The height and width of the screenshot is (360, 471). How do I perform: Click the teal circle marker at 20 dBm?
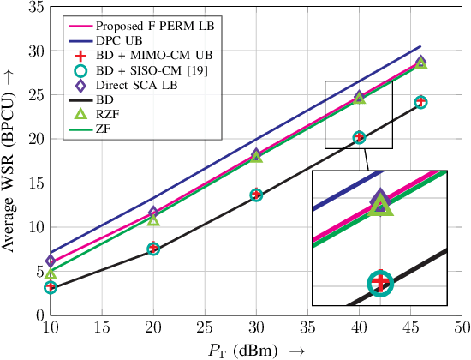pyautogui.click(x=153, y=249)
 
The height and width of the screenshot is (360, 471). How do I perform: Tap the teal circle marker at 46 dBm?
pyautogui.click(x=420, y=102)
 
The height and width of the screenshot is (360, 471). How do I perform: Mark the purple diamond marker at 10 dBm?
pyautogui.click(x=51, y=261)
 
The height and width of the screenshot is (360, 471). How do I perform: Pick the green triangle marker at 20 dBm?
pyautogui.click(x=153, y=220)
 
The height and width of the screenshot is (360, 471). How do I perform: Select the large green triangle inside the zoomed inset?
pyautogui.click(x=380, y=207)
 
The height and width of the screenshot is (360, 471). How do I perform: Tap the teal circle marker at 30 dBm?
pyautogui.click(x=256, y=195)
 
